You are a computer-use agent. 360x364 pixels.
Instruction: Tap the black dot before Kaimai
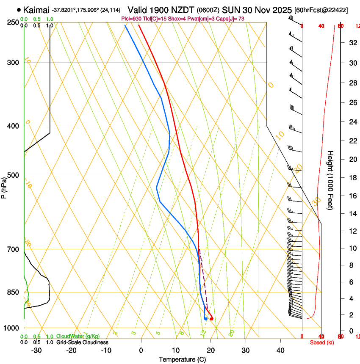coord(19,10)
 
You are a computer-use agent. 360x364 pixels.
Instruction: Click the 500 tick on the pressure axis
coord(14,175)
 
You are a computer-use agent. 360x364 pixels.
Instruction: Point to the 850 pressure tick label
coord(14,292)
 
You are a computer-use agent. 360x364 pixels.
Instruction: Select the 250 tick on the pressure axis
coord(14,22)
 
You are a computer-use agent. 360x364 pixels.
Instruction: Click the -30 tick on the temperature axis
coord(36,350)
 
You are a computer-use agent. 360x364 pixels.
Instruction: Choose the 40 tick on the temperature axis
coord(280,350)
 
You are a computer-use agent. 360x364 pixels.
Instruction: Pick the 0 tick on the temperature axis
coord(141,350)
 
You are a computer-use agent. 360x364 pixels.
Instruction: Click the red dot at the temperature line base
coord(211,319)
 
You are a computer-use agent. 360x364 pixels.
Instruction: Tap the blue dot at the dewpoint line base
coord(206,319)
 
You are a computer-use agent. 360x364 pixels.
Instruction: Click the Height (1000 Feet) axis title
coord(330,180)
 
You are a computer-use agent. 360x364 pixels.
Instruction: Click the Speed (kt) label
coord(322,342)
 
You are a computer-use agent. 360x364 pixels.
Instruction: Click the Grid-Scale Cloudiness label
coord(82,342)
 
